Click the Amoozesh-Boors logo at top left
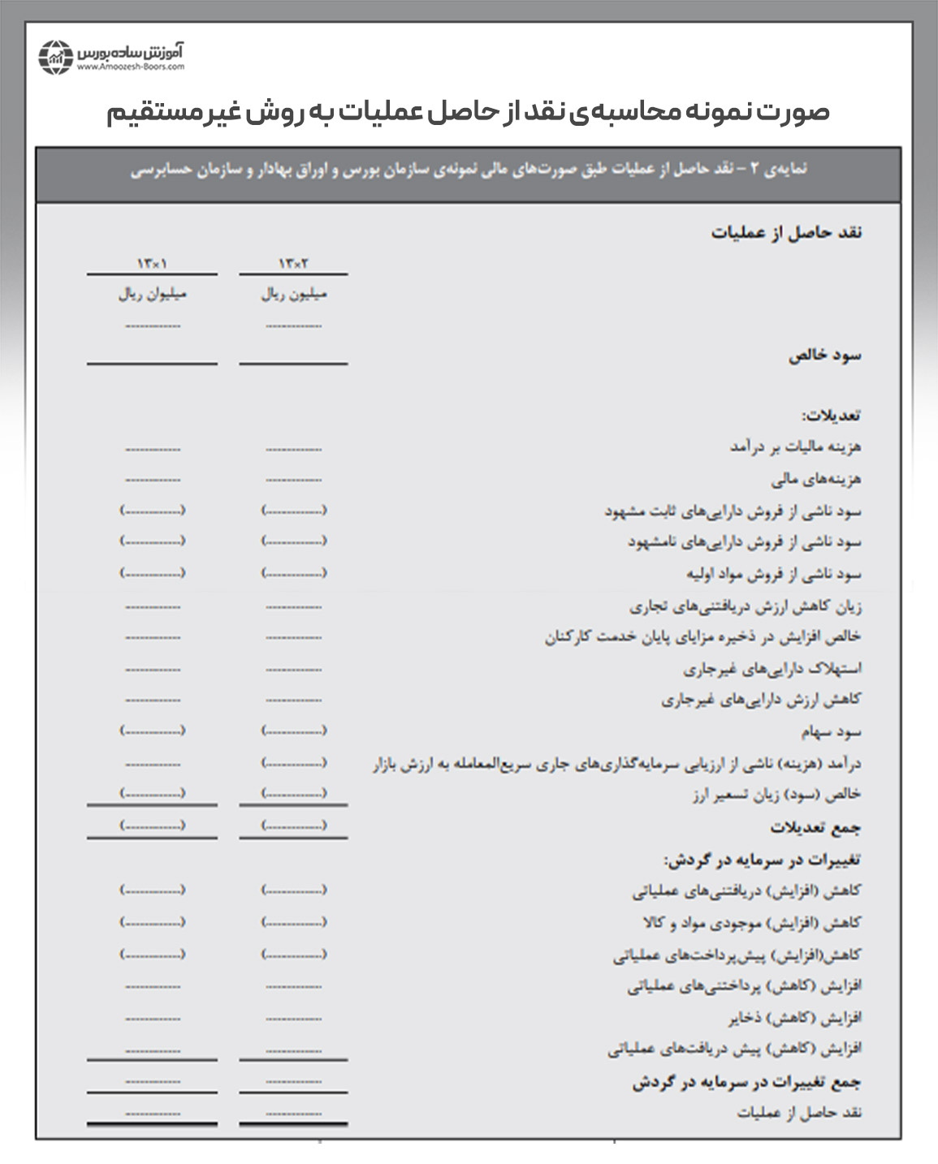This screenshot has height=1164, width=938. click(x=111, y=57)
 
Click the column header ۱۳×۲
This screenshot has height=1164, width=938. click(x=293, y=264)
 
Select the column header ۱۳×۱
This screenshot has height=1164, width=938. click(x=152, y=264)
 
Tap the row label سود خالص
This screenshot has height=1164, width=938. click(x=824, y=356)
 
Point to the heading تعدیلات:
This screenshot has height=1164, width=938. click(x=831, y=415)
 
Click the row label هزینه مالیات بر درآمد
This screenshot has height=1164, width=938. click(x=795, y=446)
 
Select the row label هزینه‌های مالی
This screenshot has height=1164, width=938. click(x=815, y=479)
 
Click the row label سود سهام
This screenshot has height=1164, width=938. click(x=831, y=731)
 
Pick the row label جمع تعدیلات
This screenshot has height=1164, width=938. click(x=815, y=827)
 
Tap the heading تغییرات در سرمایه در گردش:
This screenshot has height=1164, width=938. click(x=762, y=859)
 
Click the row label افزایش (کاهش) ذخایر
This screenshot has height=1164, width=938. click(x=794, y=1018)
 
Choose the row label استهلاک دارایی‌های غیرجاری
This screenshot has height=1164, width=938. click(x=772, y=669)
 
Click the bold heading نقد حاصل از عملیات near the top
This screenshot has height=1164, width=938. click(x=786, y=233)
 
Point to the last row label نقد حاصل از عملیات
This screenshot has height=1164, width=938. click(x=799, y=1112)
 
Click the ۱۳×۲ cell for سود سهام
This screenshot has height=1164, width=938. click(x=293, y=731)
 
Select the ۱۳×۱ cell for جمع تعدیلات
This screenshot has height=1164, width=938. click(x=153, y=826)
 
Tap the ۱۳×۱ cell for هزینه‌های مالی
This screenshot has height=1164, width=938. click(x=153, y=480)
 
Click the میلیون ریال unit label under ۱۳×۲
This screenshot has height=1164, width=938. click(x=293, y=294)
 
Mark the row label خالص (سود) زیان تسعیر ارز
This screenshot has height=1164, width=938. click(x=776, y=795)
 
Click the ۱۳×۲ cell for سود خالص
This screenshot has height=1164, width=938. click(x=293, y=327)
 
